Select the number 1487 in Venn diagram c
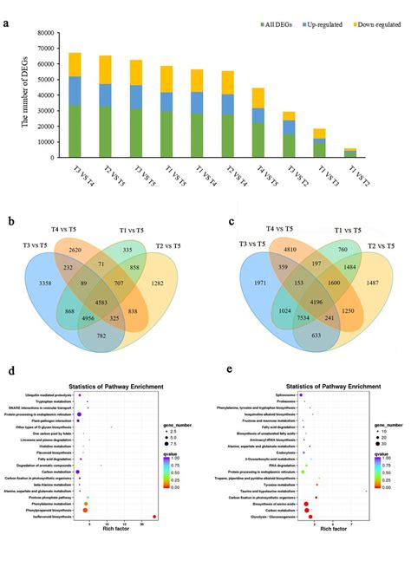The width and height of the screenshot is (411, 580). [x=386, y=283]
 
